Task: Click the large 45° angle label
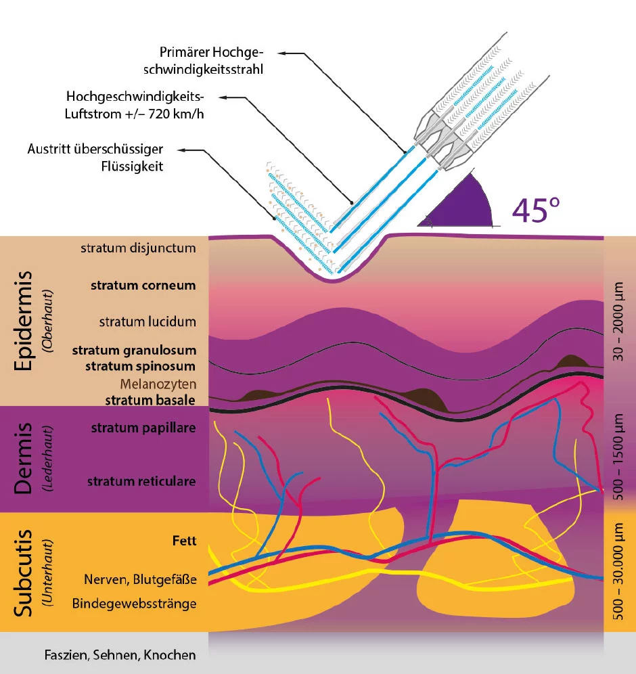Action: pyautogui.click(x=536, y=210)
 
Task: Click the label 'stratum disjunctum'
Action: pyautogui.click(x=138, y=248)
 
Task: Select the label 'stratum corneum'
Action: pyautogui.click(x=143, y=286)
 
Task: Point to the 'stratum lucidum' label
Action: pyautogui.click(x=147, y=321)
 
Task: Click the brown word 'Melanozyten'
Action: pyautogui.click(x=158, y=384)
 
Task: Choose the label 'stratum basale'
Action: pyautogui.click(x=150, y=400)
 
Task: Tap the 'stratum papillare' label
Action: pyautogui.click(x=143, y=428)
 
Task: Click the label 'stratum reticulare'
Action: pyautogui.click(x=141, y=481)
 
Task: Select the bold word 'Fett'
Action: pyautogui.click(x=184, y=541)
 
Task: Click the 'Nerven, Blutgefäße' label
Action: pyautogui.click(x=140, y=580)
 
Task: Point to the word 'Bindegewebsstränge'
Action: pyautogui.click(x=134, y=604)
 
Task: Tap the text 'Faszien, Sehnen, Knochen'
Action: pyautogui.click(x=120, y=655)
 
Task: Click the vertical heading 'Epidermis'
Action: pyautogui.click(x=24, y=321)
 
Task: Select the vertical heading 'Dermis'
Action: pyautogui.click(x=24, y=458)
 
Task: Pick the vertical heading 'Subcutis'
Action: pyautogui.click(x=24, y=573)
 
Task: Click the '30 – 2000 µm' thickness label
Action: pyautogui.click(x=618, y=321)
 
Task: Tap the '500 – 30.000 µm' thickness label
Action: pyautogui.click(x=618, y=571)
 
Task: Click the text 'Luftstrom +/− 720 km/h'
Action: pyautogui.click(x=134, y=114)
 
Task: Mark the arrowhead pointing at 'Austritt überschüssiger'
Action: pyautogui.click(x=181, y=150)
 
